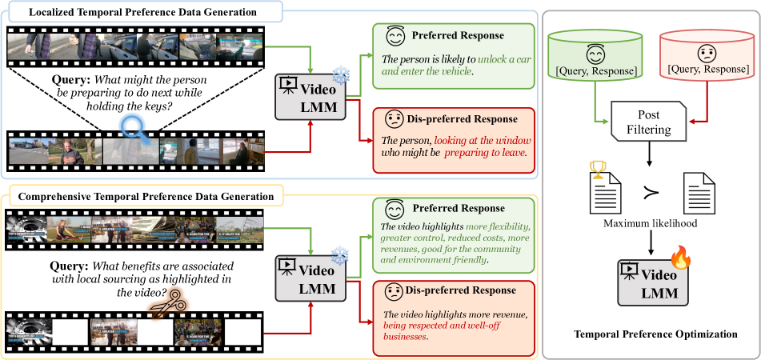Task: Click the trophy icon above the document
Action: coord(596,170)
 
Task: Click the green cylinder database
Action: coord(595,61)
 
